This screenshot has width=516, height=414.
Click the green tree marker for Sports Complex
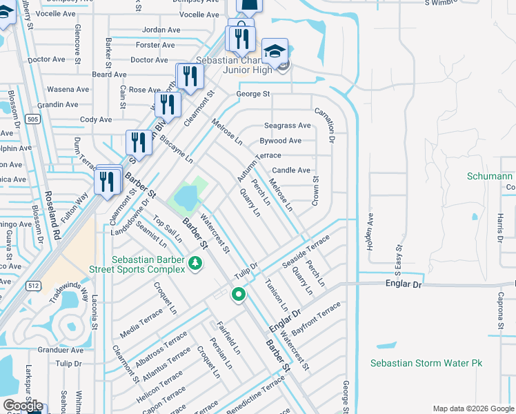(196, 263)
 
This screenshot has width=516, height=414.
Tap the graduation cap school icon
(275, 52)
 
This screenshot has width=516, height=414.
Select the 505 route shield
(32, 119)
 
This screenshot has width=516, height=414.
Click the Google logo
(22, 406)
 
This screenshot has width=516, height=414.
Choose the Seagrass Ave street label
(288, 126)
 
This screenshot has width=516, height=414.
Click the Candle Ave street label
(291, 170)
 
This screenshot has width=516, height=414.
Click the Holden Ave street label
(370, 232)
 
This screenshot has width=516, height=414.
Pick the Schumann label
(490, 177)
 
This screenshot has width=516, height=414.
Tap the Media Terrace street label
(141, 319)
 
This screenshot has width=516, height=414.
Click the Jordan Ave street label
(160, 30)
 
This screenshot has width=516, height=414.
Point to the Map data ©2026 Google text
(472, 408)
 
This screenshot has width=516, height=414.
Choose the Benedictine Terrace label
(255, 396)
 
